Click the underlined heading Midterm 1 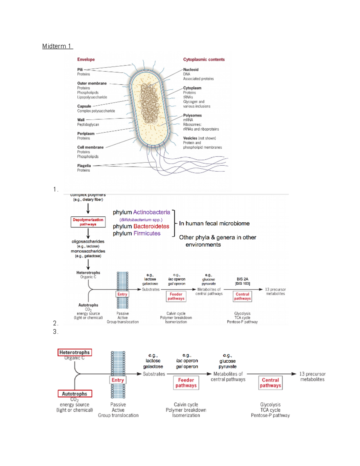click(x=57, y=46)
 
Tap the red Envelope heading click(x=86, y=59)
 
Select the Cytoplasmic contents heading click(x=204, y=59)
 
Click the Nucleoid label click(x=191, y=70)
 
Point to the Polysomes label click(x=192, y=115)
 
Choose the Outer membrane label click(x=92, y=83)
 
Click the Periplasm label click(x=86, y=134)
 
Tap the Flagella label click(x=84, y=166)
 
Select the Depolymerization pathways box click(x=88, y=222)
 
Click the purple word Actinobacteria click(x=151, y=212)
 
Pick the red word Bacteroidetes click(x=151, y=226)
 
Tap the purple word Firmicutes click(x=147, y=233)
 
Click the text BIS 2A click(x=242, y=279)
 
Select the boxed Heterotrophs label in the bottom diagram click(x=74, y=352)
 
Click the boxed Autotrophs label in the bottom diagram click(x=75, y=394)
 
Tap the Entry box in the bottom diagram click(x=118, y=380)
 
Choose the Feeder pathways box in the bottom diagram click(x=186, y=383)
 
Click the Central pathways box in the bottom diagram click(x=270, y=383)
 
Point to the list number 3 click(x=55, y=332)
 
